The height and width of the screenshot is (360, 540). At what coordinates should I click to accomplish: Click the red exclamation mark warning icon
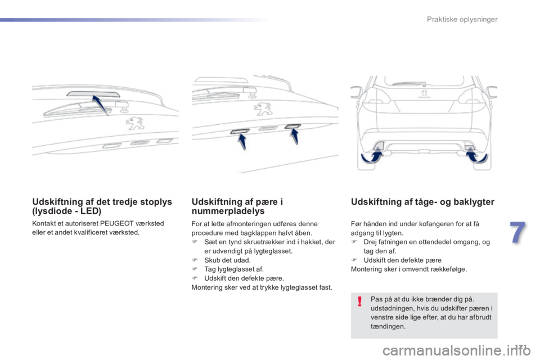pyautogui.click(x=358, y=304)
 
